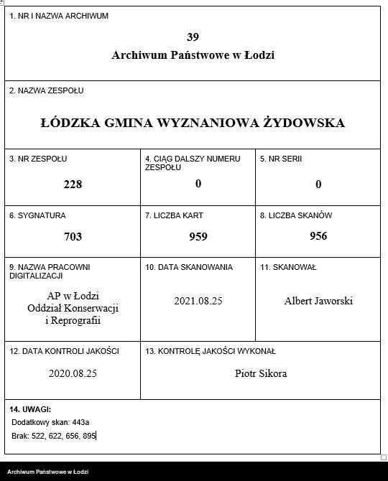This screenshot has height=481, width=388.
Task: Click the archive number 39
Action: [192, 37]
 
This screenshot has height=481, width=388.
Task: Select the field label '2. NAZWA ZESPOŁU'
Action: [47, 91]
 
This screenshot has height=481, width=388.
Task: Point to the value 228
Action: [73, 184]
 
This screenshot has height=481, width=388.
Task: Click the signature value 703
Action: [73, 236]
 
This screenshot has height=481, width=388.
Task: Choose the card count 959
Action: [198, 236]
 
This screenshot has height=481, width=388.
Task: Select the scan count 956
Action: [318, 236]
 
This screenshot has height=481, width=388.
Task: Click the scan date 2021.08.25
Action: [198, 301]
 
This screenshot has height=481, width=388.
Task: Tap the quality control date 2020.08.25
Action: [73, 373]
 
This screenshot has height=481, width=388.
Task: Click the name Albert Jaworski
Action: [318, 301]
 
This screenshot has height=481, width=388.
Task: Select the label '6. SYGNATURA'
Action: [37, 215]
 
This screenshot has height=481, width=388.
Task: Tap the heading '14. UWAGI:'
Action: [30, 408]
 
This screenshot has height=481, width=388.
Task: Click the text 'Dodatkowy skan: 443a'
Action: [50, 422]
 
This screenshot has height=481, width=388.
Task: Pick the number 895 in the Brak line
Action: [88, 436]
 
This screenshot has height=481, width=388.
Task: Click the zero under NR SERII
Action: [318, 184]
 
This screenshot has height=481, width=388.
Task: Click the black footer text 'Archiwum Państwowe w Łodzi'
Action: [48, 472]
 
